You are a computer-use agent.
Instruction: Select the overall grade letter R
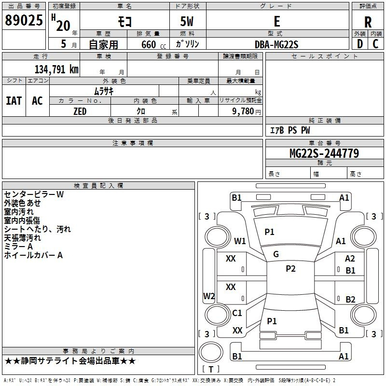(368, 22)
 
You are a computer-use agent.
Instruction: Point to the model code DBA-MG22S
(276, 44)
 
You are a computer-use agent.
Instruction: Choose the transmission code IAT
(14, 100)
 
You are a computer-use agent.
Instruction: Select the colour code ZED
(80, 111)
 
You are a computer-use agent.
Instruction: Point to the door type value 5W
(188, 22)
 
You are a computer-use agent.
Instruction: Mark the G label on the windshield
(276, 254)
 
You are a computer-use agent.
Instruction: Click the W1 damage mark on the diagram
(240, 241)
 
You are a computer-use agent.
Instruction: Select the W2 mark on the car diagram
(209, 296)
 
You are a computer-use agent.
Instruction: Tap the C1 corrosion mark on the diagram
(237, 313)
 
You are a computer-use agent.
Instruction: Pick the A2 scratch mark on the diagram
(350, 259)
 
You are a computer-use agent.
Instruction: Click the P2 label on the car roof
(290, 269)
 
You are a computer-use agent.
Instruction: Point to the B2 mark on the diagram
(350, 299)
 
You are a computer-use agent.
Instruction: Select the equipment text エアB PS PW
(289, 130)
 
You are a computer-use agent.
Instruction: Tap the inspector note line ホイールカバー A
(33, 255)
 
